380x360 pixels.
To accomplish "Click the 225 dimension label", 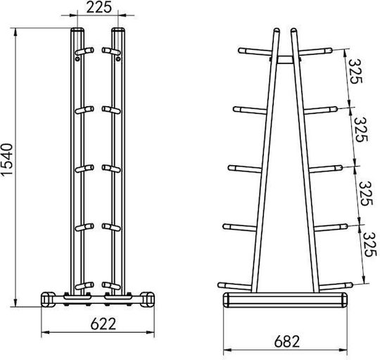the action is [99, 7].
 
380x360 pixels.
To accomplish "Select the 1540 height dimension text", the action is [6, 160].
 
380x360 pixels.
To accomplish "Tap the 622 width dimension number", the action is [103, 324].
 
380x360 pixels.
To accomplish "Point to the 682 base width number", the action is [287, 342].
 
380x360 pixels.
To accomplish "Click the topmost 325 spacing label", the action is [355, 72].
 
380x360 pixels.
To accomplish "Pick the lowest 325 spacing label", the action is [371, 245].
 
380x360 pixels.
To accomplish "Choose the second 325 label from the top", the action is [361, 129].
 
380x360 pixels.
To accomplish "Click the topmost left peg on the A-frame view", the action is [255, 51].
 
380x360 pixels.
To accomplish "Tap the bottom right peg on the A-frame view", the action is [336, 286].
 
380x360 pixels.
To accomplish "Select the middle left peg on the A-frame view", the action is [245, 169].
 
